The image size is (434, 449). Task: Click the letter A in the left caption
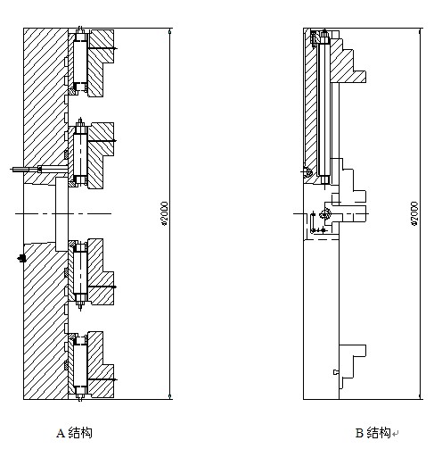[x=61, y=433]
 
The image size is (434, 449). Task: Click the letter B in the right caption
[x=359, y=433]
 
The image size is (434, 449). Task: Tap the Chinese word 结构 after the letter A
[x=80, y=433]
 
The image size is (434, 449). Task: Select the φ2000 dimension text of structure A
[x=164, y=213]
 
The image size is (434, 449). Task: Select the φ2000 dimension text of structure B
[x=414, y=213]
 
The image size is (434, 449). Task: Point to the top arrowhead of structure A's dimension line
[x=170, y=31]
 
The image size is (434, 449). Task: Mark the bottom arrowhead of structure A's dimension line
[x=170, y=396]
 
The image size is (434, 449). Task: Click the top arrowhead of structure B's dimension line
[x=420, y=31]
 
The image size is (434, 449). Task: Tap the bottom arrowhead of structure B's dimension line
[x=420, y=396]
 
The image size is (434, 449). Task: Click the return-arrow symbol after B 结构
[x=395, y=434]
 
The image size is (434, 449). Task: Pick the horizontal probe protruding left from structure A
[x=39, y=170]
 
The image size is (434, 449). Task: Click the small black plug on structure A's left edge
[x=21, y=258]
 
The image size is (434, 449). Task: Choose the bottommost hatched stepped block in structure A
[x=100, y=364]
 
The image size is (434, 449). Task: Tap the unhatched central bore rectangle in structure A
[x=61, y=214]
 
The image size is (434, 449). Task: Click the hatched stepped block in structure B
[x=346, y=61]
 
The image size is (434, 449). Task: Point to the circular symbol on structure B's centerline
[x=325, y=213]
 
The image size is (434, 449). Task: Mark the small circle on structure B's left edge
[x=307, y=172]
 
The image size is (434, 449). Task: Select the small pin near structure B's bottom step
[x=336, y=372]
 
